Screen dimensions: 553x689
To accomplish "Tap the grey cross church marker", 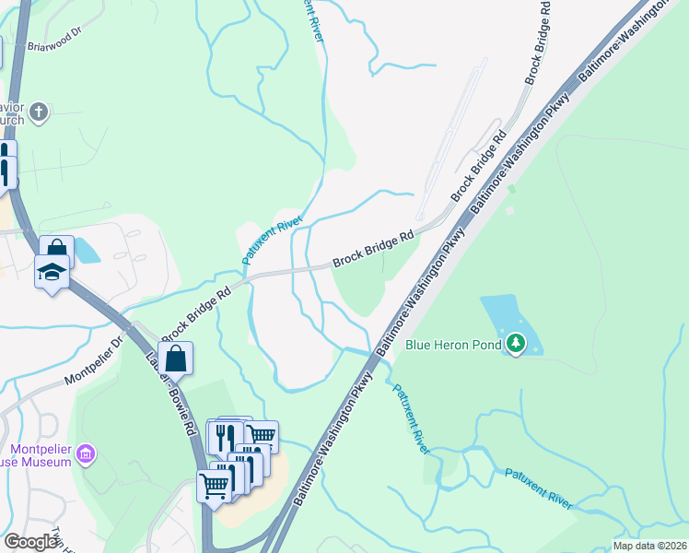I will pos(38,112).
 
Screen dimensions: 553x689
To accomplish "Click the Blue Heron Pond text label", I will pos(453,346).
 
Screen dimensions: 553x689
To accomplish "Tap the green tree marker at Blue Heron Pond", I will pos(516,345).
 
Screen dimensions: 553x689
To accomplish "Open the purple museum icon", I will pos(86,453).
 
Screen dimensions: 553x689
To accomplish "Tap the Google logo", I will pos(30,542).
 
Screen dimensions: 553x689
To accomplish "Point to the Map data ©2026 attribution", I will pos(649,546).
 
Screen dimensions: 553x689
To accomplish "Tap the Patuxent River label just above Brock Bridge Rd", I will pos(273,235).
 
